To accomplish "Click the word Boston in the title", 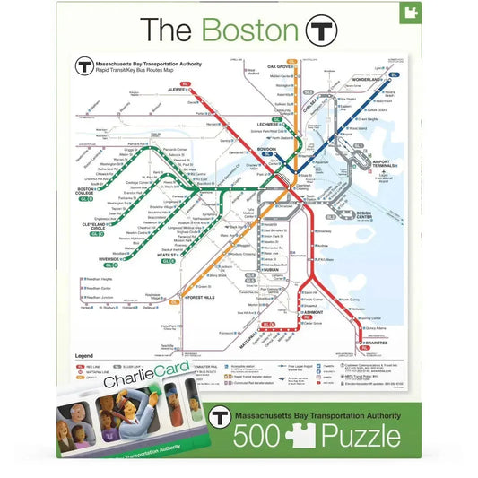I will [x=249, y=30].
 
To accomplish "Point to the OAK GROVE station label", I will [x=280, y=66].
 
